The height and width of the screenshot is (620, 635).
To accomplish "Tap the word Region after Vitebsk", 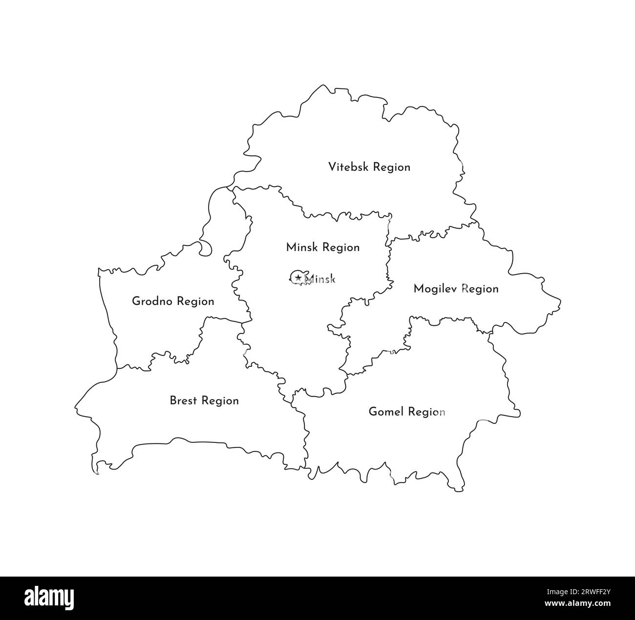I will tap(391, 167).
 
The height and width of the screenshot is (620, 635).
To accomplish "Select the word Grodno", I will tap(152, 301).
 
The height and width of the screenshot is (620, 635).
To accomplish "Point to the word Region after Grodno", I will tap(195, 302).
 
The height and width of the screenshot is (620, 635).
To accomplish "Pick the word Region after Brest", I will tap(220, 401).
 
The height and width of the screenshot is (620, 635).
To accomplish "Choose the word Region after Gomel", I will tap(426, 412).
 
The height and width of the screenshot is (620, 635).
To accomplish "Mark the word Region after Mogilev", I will tap(480, 289).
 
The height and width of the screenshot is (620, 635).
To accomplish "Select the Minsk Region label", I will tap(323, 247).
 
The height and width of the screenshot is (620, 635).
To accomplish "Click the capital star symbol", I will tap(297, 278).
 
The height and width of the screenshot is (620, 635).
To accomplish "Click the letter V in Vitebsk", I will tap(332, 167).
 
